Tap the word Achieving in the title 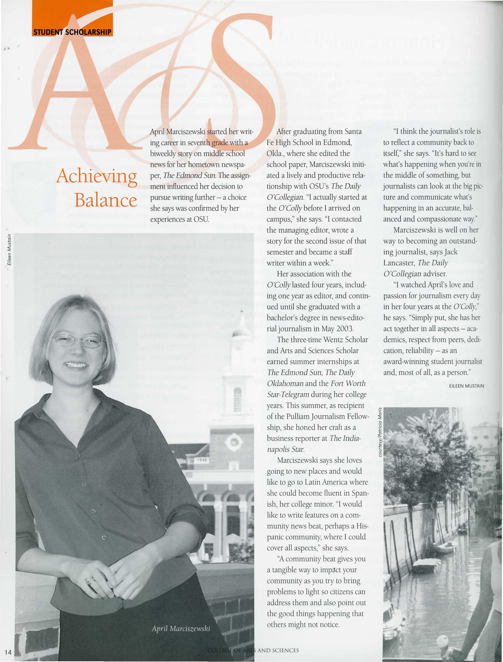[x=97, y=177]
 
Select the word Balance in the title [x=106, y=200]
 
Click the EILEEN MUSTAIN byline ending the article [x=466, y=386]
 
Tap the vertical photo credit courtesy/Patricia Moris [x=380, y=432]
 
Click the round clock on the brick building [x=234, y=442]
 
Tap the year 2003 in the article [x=345, y=329]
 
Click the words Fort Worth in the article [x=348, y=383]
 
